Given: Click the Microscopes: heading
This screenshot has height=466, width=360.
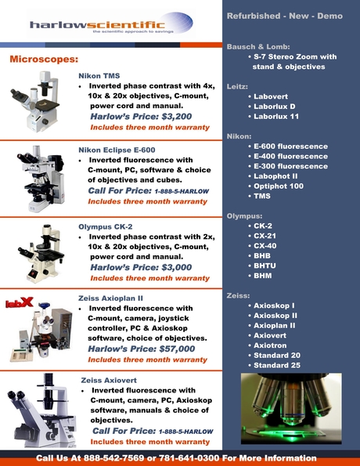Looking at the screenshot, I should point(44,60).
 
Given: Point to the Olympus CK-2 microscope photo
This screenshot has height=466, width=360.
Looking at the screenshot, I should point(36,255).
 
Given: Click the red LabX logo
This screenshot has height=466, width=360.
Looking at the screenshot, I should point(19,302).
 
